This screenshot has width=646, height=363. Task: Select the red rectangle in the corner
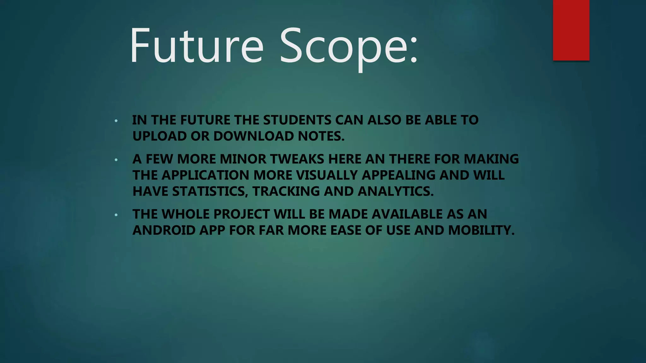[571, 30]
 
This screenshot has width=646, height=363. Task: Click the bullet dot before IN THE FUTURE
[116, 121]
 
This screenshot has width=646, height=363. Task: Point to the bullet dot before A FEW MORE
[116, 160]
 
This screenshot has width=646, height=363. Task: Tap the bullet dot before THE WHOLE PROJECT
[116, 215]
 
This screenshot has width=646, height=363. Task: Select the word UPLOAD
[160, 136]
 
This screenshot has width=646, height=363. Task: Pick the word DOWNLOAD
[254, 136]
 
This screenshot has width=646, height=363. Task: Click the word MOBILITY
[481, 230]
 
